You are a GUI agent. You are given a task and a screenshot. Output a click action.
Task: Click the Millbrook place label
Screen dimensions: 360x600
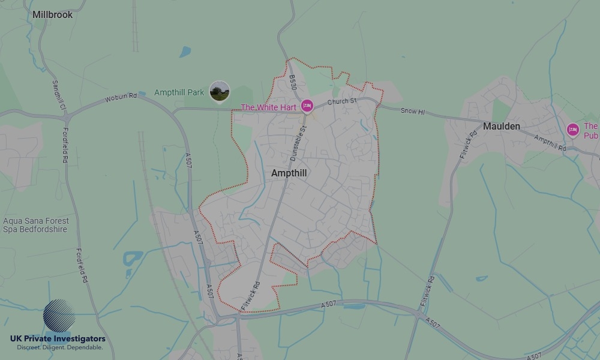point(53,14)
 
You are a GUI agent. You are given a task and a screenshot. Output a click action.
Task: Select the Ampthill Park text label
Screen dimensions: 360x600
point(179,92)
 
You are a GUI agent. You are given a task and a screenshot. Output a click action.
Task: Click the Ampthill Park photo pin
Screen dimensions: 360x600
point(220,92)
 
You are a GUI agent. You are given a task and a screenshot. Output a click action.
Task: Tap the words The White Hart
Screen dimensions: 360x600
point(268,107)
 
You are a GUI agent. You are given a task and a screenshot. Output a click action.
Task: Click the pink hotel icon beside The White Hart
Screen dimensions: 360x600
point(307,106)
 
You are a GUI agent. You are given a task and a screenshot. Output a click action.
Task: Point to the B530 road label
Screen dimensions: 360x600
point(293,82)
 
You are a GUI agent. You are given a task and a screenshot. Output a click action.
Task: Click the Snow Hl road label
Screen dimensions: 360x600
point(412,111)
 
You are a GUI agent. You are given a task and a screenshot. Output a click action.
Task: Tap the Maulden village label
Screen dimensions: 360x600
point(502,126)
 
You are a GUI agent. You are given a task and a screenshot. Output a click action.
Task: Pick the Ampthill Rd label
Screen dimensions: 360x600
point(550,143)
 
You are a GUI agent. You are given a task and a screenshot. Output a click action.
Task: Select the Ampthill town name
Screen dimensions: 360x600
point(289,173)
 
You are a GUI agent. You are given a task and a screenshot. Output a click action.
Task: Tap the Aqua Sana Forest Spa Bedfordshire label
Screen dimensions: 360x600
point(36,225)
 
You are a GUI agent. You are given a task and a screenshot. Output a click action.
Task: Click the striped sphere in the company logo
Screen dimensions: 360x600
point(59,316)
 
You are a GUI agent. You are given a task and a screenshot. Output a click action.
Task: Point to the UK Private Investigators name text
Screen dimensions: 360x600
point(58,339)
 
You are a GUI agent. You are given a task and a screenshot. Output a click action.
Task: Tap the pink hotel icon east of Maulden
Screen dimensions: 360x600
point(572,130)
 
